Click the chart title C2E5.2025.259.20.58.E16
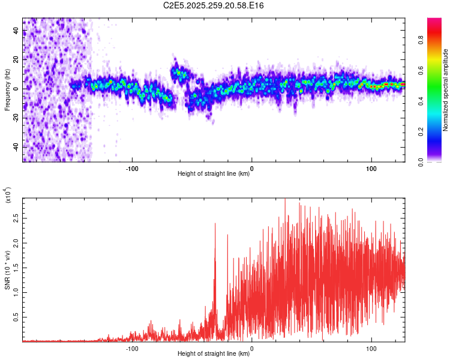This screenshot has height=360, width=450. click(214, 5)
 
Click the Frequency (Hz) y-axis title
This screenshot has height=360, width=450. click(7, 90)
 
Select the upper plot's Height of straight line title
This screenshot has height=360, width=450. click(214, 174)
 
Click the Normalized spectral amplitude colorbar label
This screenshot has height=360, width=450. click(446, 90)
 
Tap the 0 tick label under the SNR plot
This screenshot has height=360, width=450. click(251, 347)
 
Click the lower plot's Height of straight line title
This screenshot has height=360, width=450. click(214, 354)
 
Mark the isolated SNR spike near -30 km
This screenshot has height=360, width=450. click(215, 225)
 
